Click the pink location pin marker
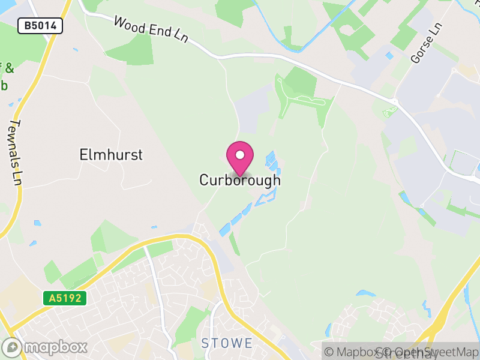(x=240, y=157)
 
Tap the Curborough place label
(x=240, y=180)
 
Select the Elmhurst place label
(x=111, y=155)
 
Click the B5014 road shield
(x=40, y=26)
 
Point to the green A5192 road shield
(x=65, y=298)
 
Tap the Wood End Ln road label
(x=151, y=29)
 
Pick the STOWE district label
(x=227, y=343)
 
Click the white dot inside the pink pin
(x=240, y=154)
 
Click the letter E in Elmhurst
(x=83, y=155)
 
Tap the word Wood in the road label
(x=128, y=23)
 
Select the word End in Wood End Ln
(x=157, y=31)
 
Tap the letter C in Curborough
(x=204, y=180)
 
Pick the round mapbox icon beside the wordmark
(x=12, y=347)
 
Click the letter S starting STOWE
(x=205, y=343)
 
